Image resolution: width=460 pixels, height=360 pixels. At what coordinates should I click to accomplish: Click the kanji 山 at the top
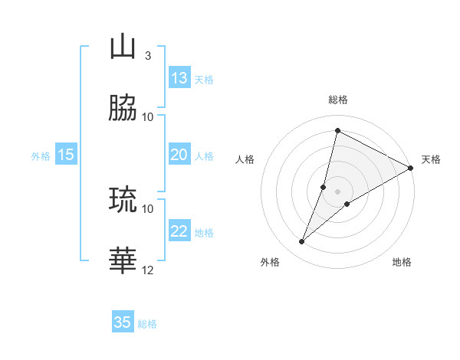click(123, 47)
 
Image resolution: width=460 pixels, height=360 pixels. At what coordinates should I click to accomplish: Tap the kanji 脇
click(123, 109)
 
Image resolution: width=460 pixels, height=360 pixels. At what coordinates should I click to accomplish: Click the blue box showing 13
click(179, 78)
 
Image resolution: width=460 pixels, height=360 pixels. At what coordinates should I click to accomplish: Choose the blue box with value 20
click(179, 155)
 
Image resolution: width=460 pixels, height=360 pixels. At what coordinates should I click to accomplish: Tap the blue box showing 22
click(179, 231)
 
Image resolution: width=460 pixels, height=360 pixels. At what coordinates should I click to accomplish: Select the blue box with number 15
click(66, 155)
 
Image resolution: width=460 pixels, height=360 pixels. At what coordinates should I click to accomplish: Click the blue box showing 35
click(123, 322)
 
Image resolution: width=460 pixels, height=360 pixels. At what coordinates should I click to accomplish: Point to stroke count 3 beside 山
click(148, 55)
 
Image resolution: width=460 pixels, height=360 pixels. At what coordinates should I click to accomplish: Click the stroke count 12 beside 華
click(148, 270)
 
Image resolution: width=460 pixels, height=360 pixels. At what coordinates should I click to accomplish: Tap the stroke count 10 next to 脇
click(148, 116)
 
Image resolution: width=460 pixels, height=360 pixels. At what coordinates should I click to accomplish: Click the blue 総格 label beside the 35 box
click(148, 324)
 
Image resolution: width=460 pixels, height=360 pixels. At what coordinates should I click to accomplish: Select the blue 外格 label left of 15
click(41, 156)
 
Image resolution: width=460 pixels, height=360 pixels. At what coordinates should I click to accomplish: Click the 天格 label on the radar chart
click(431, 159)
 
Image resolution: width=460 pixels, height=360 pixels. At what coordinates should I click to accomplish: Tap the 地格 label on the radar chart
click(402, 262)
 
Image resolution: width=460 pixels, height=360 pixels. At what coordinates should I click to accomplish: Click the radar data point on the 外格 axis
click(302, 242)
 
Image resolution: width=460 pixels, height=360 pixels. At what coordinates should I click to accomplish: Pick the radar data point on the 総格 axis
click(337, 131)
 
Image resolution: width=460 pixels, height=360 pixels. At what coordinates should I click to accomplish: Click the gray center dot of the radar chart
click(337, 191)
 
